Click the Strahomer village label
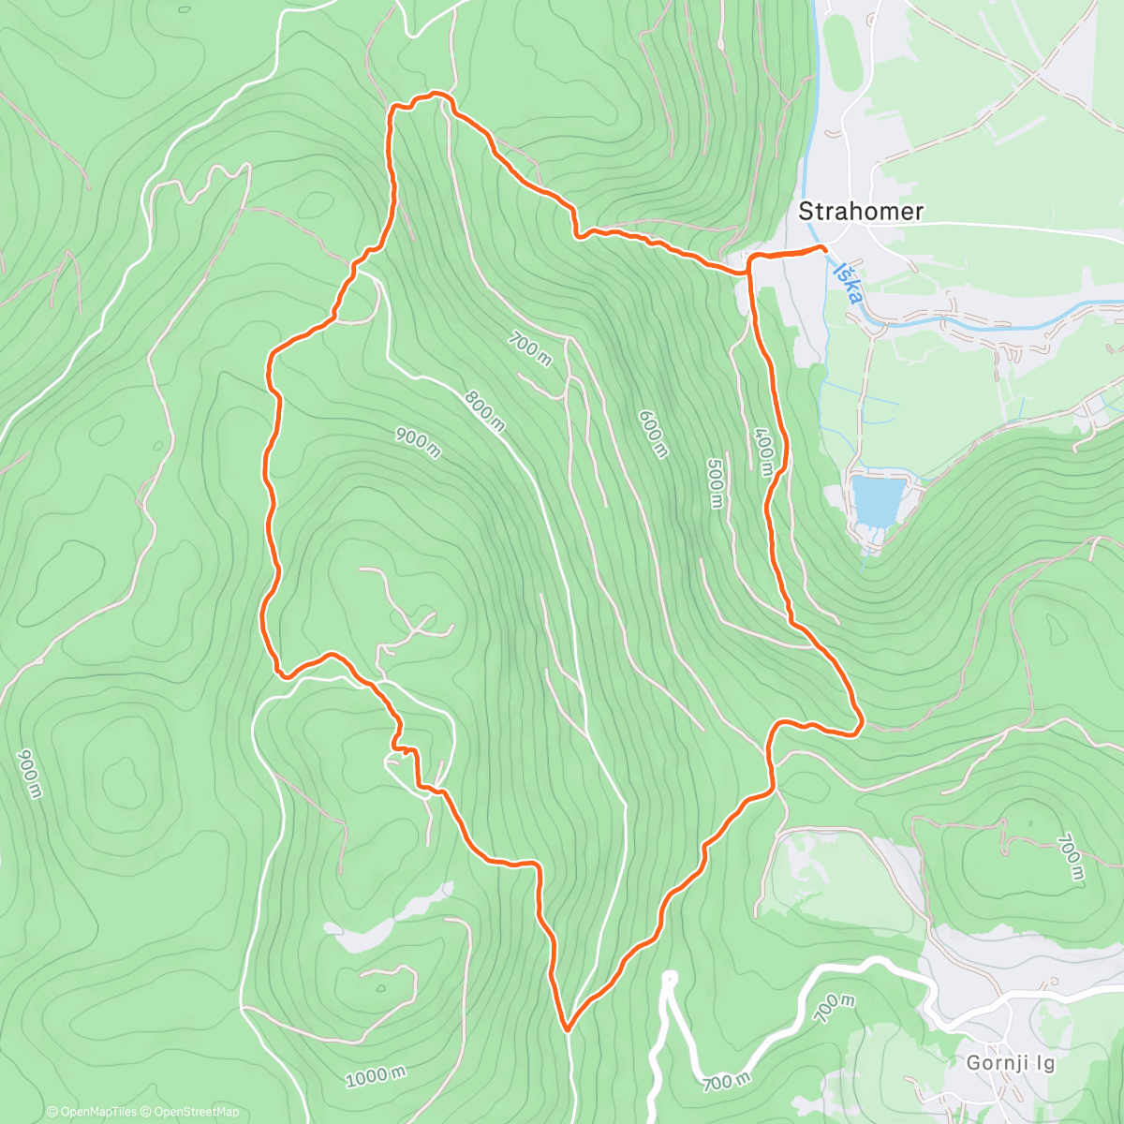860,212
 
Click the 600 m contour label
653,434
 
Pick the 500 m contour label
716,482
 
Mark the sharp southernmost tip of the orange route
567,1029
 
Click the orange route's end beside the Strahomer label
823,247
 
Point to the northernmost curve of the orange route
433,94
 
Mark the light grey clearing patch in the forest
370,932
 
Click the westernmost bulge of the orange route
263,618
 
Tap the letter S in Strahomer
805,212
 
